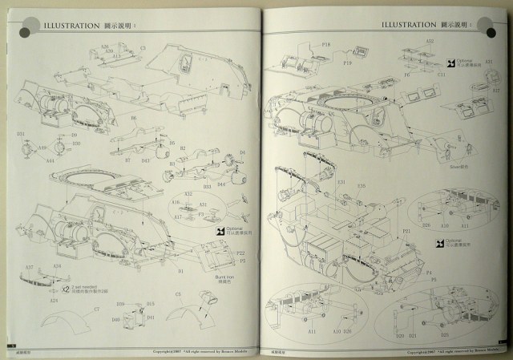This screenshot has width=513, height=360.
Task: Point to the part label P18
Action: pyautogui.click(x=325, y=46)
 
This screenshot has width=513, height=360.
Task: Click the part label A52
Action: pyautogui.click(x=430, y=41)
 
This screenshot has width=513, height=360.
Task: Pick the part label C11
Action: pyautogui.click(x=442, y=74)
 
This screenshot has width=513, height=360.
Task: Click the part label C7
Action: pyautogui.click(x=96, y=310)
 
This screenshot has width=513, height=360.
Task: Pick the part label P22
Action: pyautogui.click(x=240, y=253)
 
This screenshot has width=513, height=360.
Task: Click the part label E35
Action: pyautogui.click(x=362, y=186)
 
